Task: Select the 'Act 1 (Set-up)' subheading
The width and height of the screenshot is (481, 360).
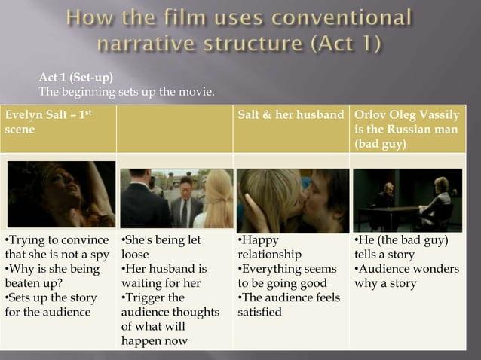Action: pos(76,78)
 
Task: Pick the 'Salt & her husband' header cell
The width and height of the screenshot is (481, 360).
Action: pos(290,115)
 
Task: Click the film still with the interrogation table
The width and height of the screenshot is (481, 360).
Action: pos(408,200)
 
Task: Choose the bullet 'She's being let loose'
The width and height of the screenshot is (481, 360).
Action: pos(161,247)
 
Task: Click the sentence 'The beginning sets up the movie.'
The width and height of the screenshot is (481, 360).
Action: pos(127,92)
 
